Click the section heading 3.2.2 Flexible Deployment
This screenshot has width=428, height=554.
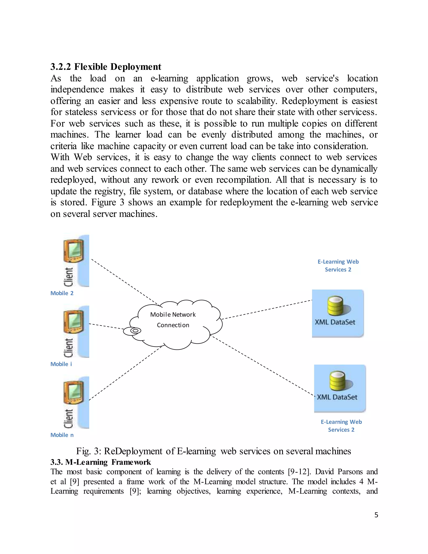[x=106, y=67]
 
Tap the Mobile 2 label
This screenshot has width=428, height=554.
[x=62, y=293]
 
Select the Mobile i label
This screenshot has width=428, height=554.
[x=61, y=364]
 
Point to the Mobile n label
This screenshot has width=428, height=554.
[x=62, y=435]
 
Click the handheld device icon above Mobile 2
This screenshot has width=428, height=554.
[x=74, y=251]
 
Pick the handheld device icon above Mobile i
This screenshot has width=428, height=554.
[x=74, y=322]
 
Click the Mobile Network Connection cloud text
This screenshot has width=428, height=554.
[x=173, y=320]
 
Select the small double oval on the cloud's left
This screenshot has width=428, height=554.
[x=136, y=331]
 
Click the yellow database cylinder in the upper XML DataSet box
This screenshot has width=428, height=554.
[x=335, y=305]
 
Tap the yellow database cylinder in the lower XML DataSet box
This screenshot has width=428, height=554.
[x=338, y=381]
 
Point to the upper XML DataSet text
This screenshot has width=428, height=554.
[x=335, y=322]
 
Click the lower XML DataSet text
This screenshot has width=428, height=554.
[x=337, y=397]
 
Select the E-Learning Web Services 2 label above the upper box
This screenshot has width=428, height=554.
[x=338, y=266]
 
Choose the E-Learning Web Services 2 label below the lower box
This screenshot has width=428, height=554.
[x=341, y=426]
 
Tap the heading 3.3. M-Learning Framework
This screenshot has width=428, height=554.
[x=101, y=462]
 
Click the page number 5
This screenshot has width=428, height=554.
[x=376, y=515]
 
